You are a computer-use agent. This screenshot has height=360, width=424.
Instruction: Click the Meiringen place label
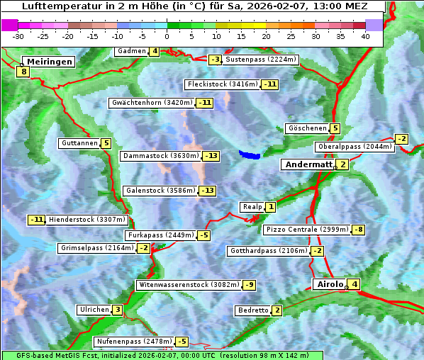pyautogui.click(x=50, y=62)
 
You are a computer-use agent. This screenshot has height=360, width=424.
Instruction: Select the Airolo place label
pyautogui.click(x=329, y=284)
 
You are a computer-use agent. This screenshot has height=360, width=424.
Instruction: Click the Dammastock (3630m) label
pyautogui.click(x=160, y=155)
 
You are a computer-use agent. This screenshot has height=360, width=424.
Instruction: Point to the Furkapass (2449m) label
pyautogui.click(x=160, y=235)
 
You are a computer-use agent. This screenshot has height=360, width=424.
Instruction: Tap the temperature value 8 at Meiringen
pyautogui.click(x=23, y=72)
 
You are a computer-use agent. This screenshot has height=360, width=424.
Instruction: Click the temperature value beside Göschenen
pyautogui.click(x=335, y=128)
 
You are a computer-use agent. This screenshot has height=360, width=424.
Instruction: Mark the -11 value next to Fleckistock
pyautogui.click(x=270, y=84)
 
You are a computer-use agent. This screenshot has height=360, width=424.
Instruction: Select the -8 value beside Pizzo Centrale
pyautogui.click(x=359, y=230)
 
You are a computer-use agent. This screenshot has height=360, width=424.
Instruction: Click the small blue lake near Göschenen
pyautogui.click(x=250, y=153)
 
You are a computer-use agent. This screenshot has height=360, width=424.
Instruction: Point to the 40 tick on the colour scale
pyautogui.click(x=365, y=35)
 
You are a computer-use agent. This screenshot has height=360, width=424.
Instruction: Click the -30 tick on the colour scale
pyautogui.click(x=18, y=35)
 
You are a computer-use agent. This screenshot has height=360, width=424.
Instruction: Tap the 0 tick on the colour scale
pyautogui.click(x=167, y=35)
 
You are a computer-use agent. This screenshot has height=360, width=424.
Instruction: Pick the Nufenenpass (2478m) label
pyautogui.click(x=134, y=342)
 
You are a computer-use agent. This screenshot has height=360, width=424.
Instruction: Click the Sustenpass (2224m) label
pyautogui.click(x=261, y=60)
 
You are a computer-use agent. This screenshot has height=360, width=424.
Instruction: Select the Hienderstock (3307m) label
pyautogui.click(x=87, y=220)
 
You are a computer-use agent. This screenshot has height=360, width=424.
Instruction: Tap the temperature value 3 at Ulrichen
pyautogui.click(x=117, y=310)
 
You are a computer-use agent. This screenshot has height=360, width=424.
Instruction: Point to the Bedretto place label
pyautogui.click(x=253, y=310)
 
